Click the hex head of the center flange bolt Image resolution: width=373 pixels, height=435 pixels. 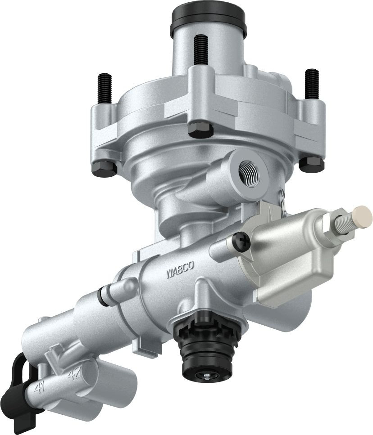[200, 129]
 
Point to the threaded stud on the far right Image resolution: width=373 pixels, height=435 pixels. [312, 83]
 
